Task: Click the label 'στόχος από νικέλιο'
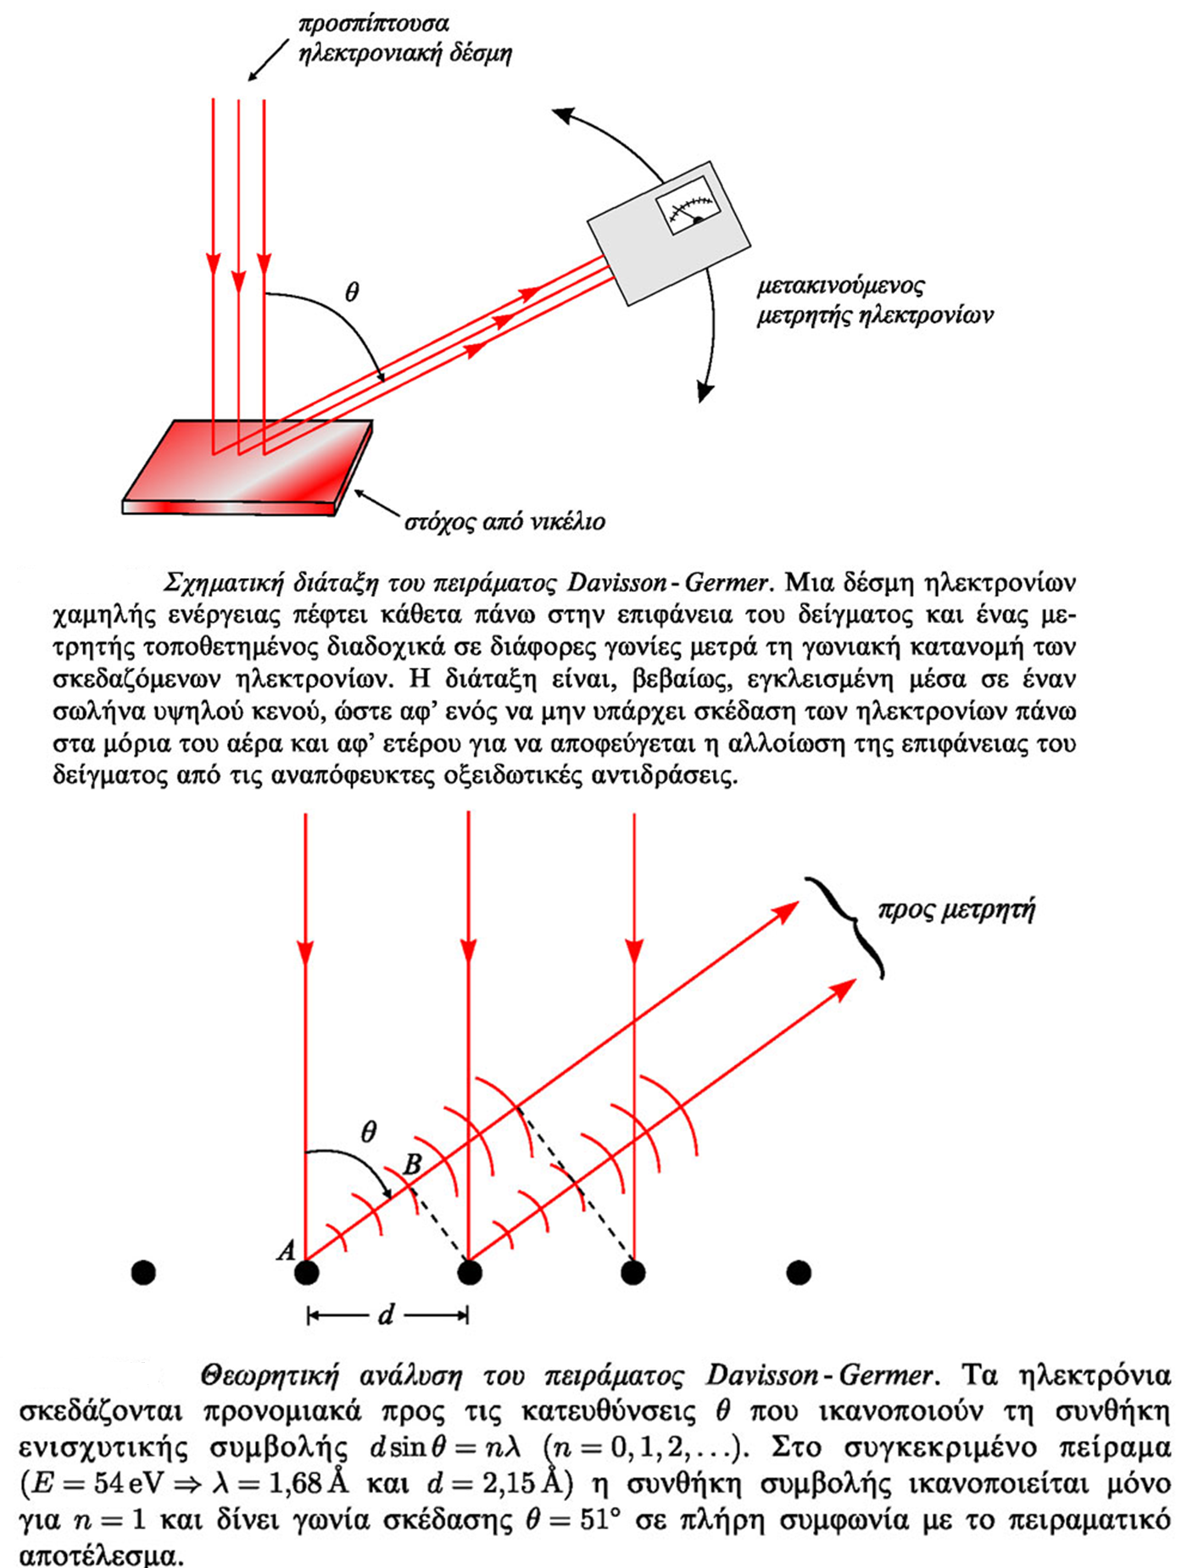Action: point(504,521)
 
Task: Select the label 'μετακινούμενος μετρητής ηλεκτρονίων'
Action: point(873,300)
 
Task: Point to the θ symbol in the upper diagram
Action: point(352,292)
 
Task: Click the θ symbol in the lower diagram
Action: point(368,1132)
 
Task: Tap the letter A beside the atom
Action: point(287,1249)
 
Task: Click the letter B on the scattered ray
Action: point(412,1164)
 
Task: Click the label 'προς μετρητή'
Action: point(956,910)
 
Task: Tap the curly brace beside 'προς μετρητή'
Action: point(848,926)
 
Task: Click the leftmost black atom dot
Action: point(143,1272)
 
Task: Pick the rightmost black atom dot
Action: point(799,1272)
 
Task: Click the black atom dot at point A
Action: point(306,1272)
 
